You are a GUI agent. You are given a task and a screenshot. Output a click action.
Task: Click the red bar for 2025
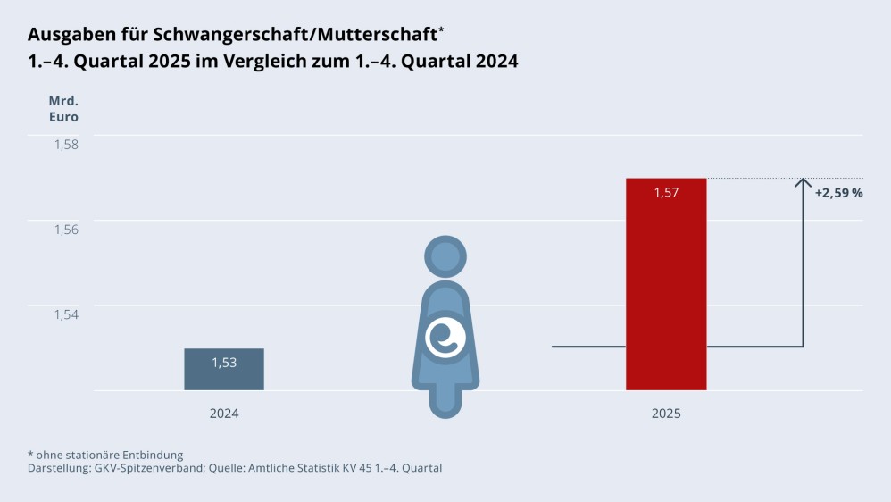666,295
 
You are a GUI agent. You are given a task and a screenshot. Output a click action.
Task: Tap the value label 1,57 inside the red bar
666,192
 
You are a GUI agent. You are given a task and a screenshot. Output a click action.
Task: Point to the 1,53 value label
224,362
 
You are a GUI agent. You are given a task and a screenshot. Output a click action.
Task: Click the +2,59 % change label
838,192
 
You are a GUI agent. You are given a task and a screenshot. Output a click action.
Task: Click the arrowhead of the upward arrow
803,183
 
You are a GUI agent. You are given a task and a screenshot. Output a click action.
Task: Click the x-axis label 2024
224,414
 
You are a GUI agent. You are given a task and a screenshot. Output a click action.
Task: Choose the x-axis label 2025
666,414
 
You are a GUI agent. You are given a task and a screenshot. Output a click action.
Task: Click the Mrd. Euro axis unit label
63,108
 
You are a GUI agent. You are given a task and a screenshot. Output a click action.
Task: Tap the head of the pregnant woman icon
444,256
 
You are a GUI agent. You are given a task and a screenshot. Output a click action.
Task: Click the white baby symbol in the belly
444,337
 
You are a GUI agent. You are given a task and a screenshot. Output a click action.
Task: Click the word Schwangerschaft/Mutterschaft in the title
295,35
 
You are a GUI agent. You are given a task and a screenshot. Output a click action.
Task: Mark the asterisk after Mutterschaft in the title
441,29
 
